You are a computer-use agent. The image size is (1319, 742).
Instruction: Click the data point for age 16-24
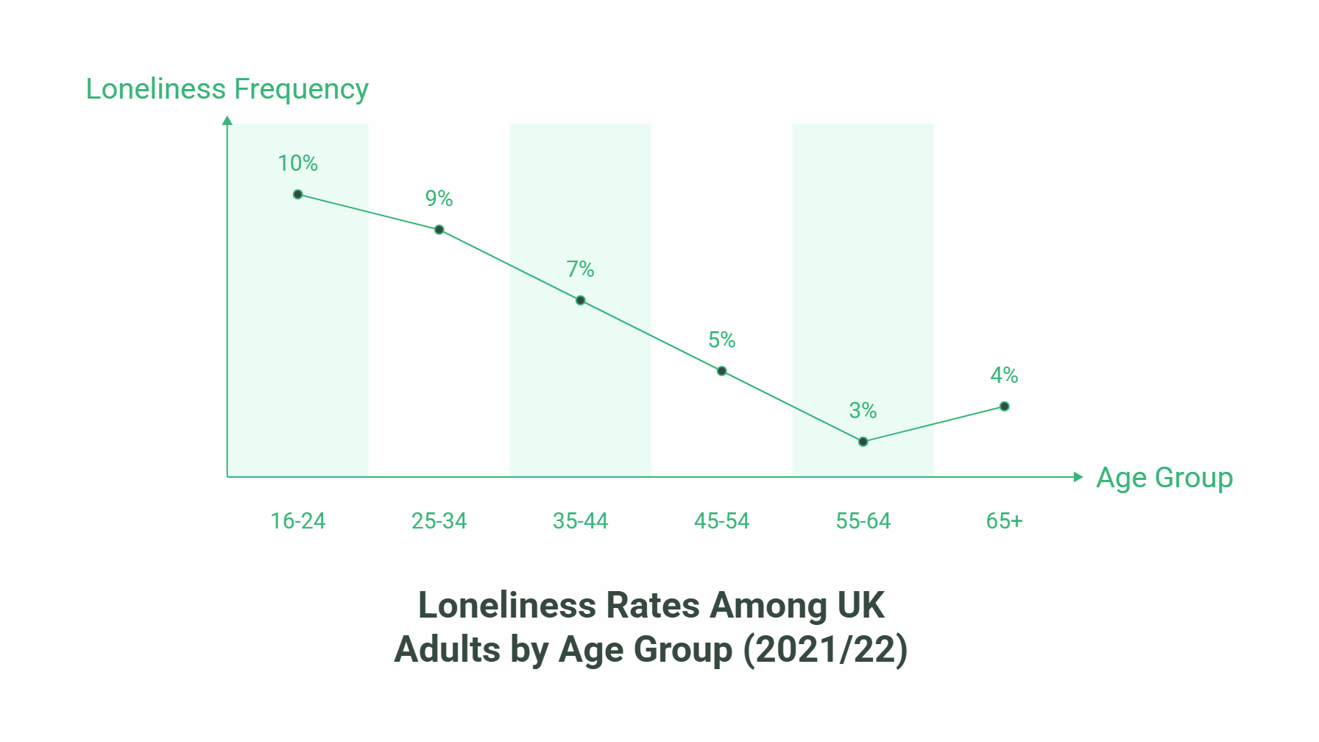click(x=298, y=194)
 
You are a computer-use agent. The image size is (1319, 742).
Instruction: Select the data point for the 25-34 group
click(x=439, y=230)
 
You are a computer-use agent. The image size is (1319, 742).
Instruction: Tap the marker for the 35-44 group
click(x=581, y=300)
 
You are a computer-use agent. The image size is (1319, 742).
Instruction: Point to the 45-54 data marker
click(x=722, y=371)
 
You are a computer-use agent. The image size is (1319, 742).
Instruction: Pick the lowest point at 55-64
click(x=863, y=442)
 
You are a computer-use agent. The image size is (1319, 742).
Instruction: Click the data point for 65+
click(x=1005, y=406)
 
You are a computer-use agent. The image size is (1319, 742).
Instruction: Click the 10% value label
click(x=297, y=163)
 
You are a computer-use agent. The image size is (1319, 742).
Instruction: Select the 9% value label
click(x=439, y=199)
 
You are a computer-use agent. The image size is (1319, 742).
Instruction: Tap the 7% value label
click(x=580, y=269)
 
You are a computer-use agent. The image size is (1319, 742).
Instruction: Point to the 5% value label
click(x=721, y=340)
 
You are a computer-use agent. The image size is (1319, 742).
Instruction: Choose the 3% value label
click(x=863, y=411)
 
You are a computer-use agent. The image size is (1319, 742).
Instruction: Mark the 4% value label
click(x=1004, y=375)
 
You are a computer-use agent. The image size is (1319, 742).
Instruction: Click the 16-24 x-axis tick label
click(x=298, y=521)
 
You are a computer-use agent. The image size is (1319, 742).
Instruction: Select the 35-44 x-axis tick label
click(x=581, y=521)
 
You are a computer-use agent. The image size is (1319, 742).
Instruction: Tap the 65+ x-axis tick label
click(x=1005, y=521)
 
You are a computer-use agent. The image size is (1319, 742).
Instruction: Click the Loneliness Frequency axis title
click(x=227, y=89)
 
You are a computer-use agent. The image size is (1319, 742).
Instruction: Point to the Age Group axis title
click(x=1164, y=478)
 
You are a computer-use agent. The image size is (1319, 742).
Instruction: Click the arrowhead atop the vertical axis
click(x=227, y=120)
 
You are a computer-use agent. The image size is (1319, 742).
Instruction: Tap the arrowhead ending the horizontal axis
click(x=1078, y=477)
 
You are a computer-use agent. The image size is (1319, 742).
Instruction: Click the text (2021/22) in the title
click(x=825, y=650)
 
